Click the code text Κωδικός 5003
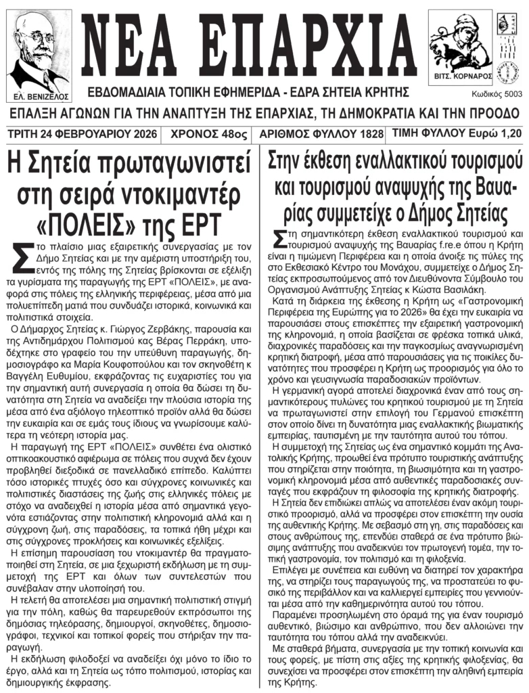click(497, 95)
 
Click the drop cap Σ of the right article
click(279, 238)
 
